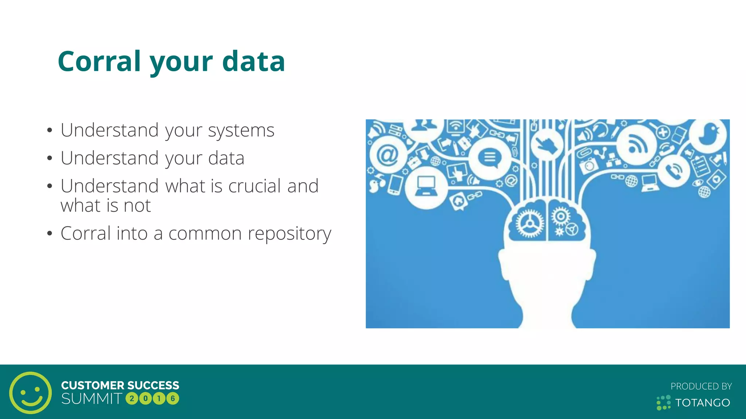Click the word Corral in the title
click(x=99, y=61)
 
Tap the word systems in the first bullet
click(x=241, y=130)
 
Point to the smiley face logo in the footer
click(x=31, y=392)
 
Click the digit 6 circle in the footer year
click(x=173, y=399)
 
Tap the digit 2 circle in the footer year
click(x=131, y=399)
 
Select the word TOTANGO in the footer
click(x=703, y=403)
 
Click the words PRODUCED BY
click(x=701, y=386)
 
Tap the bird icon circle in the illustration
click(x=708, y=135)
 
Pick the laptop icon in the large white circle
click(x=426, y=187)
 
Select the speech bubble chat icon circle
click(x=489, y=158)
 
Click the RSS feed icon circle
click(x=637, y=145)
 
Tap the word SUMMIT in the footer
click(x=91, y=399)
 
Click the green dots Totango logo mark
click(x=663, y=403)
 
